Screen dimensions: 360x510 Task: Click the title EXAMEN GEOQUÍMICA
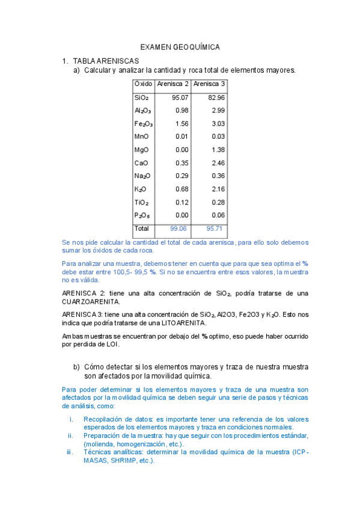(180, 47)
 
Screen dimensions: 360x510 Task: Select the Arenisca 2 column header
(172, 84)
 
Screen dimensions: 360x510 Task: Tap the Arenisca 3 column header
(210, 84)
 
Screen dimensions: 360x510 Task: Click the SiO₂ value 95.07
(180, 97)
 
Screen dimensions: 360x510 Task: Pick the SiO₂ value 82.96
(216, 97)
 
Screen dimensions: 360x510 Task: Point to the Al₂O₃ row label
(142, 111)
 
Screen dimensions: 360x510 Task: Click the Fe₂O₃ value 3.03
(218, 124)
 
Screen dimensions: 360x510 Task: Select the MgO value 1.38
(218, 150)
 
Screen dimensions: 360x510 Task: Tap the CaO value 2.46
(218, 163)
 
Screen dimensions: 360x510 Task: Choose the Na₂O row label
(142, 176)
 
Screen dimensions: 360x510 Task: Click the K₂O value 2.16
(218, 189)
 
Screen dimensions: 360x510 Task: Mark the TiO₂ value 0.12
(182, 203)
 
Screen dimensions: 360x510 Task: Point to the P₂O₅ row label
(142, 215)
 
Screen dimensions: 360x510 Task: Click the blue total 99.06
(179, 229)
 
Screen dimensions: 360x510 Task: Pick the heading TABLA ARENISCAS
(106, 61)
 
